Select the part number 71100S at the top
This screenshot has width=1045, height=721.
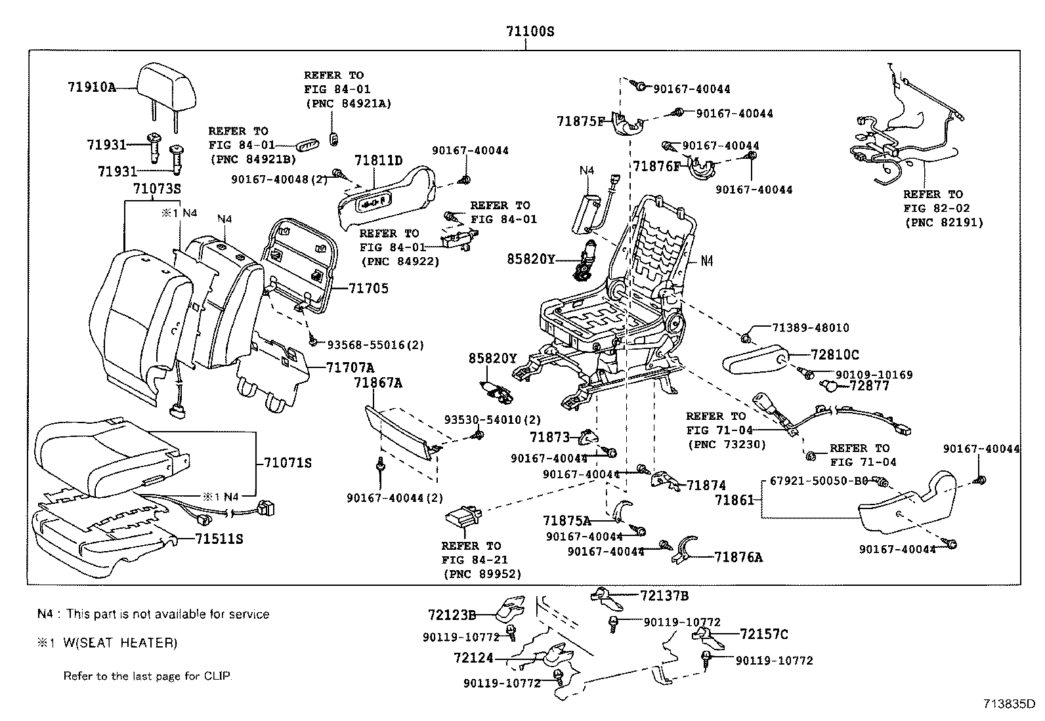(529, 31)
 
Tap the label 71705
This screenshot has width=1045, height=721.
(368, 288)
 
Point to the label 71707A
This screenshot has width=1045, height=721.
(350, 367)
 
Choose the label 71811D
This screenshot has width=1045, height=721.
(378, 161)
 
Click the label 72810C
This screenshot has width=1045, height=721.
(834, 355)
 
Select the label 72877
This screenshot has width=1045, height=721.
(869, 385)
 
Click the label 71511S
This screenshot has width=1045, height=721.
(219, 539)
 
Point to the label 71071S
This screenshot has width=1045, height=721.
(287, 463)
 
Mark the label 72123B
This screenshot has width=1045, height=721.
(452, 615)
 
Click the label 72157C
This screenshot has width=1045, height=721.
(764, 634)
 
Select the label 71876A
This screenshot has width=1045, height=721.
(738, 558)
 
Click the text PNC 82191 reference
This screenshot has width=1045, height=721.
(944, 222)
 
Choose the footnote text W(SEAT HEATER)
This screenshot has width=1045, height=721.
(119, 643)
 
